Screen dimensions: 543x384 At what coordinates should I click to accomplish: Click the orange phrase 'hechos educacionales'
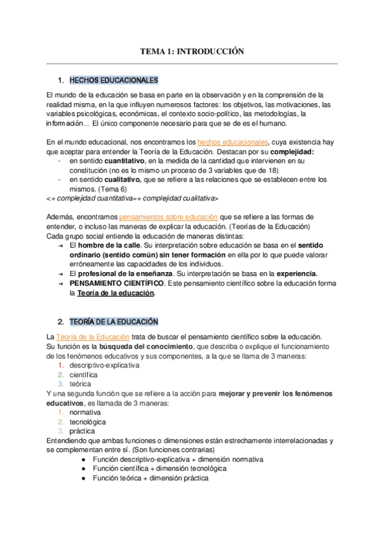[x=233, y=141]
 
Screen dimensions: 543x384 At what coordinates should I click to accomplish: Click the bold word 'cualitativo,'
[x=105, y=180]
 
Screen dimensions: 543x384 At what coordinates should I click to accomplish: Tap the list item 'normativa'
[x=85, y=413]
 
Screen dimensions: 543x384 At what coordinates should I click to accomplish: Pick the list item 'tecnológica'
[x=88, y=422]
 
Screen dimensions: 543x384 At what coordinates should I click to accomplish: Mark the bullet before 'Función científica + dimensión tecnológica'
[x=83, y=469]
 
